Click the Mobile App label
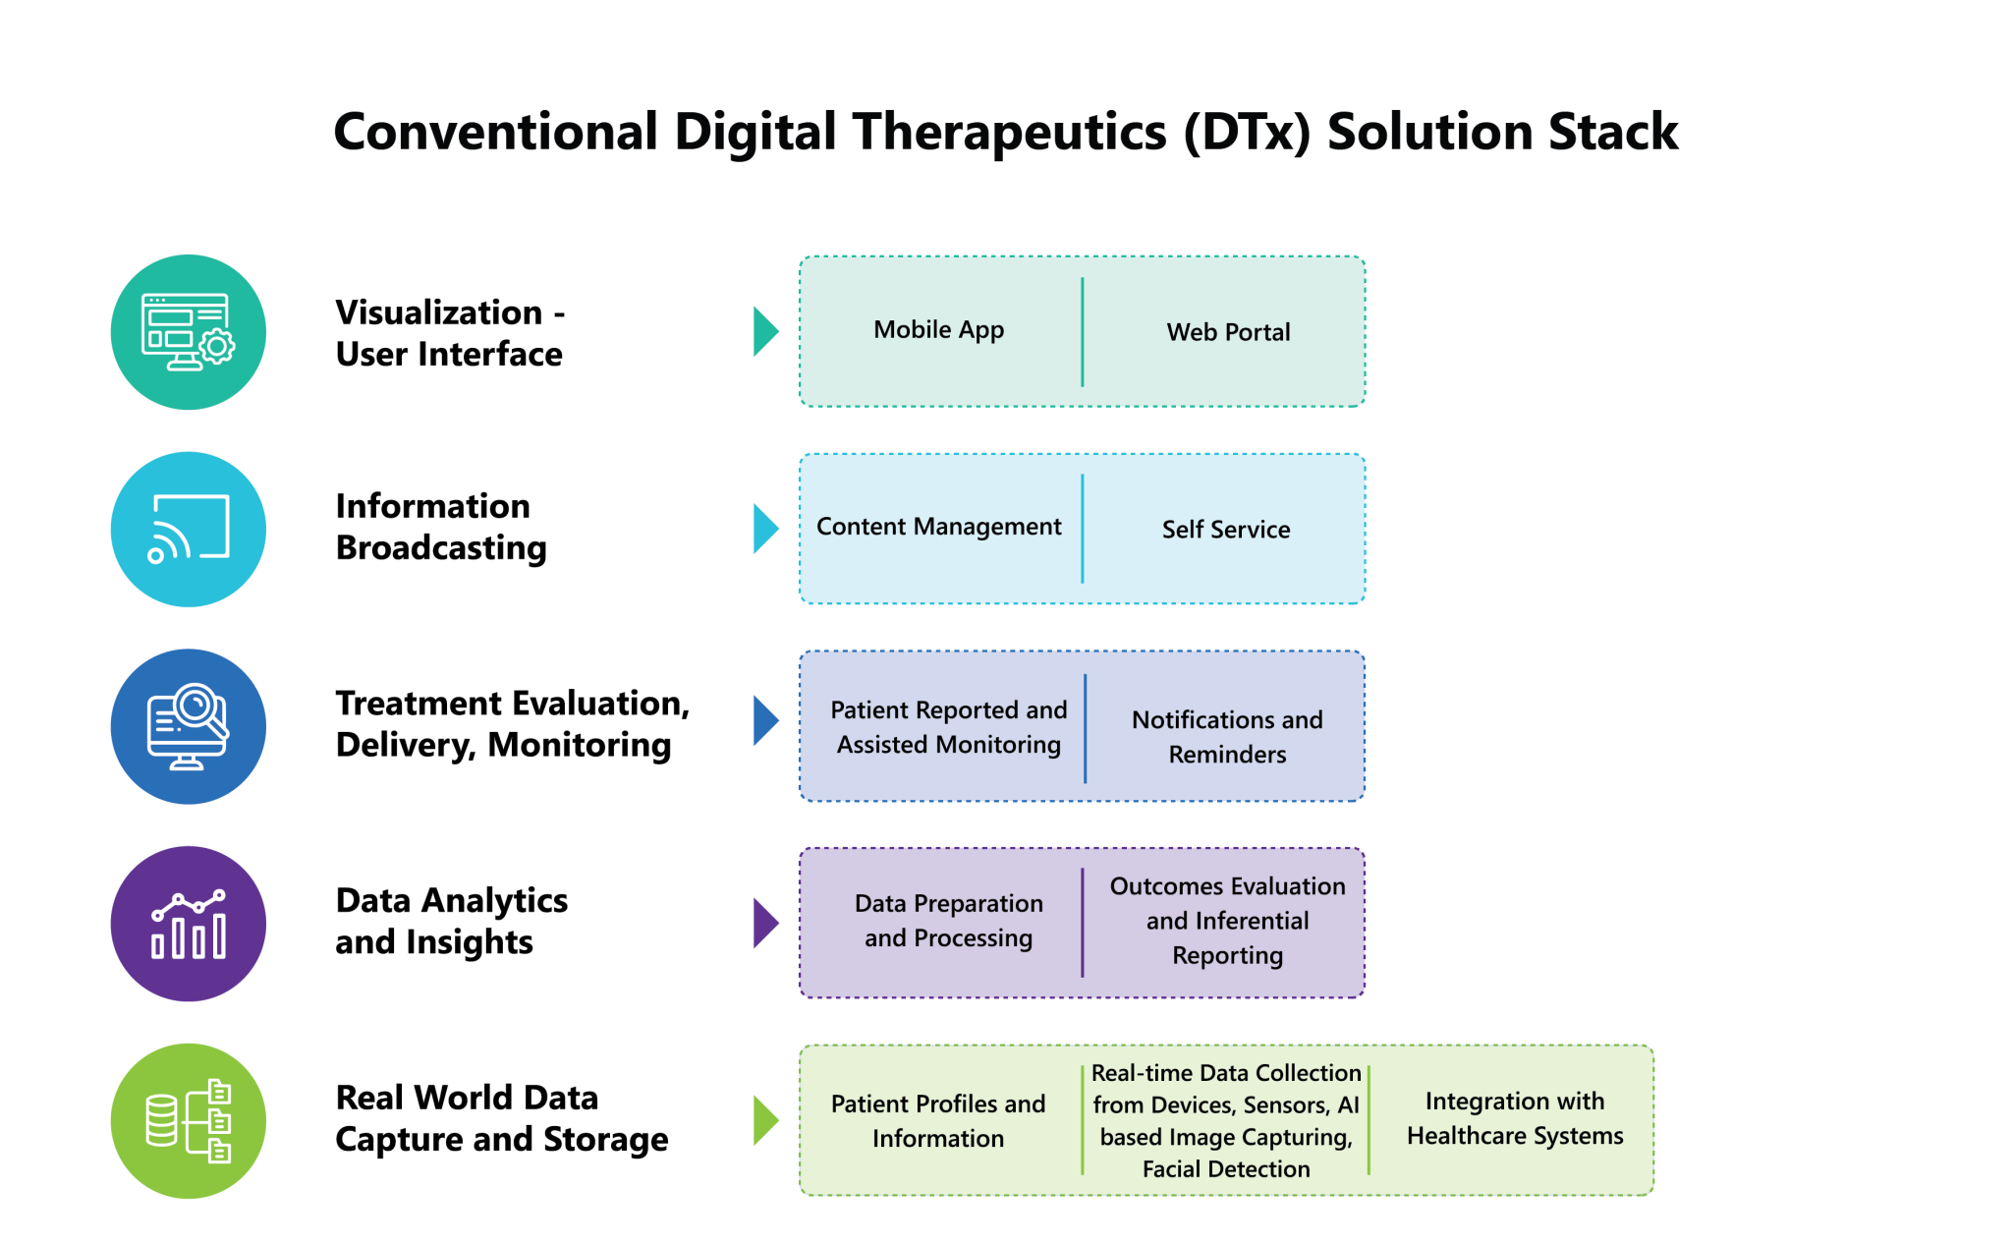click(x=938, y=330)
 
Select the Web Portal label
click(x=1228, y=332)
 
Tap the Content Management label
click(x=938, y=527)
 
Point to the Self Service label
click(x=1226, y=530)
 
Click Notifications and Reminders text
click(x=1227, y=737)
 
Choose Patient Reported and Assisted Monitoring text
click(x=948, y=727)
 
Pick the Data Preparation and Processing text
click(x=948, y=921)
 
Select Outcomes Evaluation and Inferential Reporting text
click(x=1227, y=921)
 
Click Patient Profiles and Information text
click(x=938, y=1121)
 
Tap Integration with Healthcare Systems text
click(x=1514, y=1118)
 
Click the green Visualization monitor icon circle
click(x=189, y=332)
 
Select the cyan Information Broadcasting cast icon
click(x=189, y=530)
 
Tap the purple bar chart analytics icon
click(x=189, y=924)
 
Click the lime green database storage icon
click(x=189, y=1121)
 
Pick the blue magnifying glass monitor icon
click(x=189, y=727)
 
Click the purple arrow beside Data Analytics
click(x=764, y=923)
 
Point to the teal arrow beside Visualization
click(x=764, y=331)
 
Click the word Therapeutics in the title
click(x=1009, y=132)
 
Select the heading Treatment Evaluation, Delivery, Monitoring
click(x=512, y=724)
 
